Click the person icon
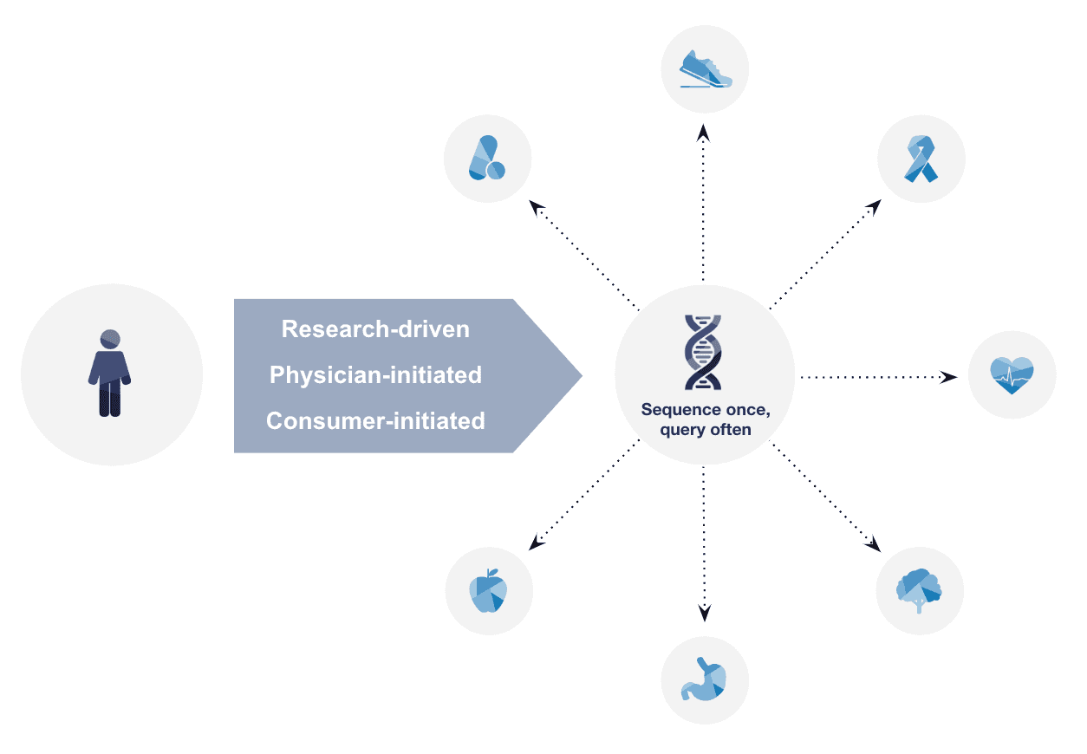coord(109,374)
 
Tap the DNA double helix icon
coord(703,352)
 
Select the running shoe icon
coord(706,69)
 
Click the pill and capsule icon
coord(486,159)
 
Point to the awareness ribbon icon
coord(921,159)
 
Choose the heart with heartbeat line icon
coord(1012,375)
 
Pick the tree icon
coord(920,590)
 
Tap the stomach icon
coord(705,679)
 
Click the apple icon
coord(489,591)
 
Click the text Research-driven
coord(376,329)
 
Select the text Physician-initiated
coord(376,375)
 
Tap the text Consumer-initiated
coord(376,421)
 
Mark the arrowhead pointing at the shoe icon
coord(704,131)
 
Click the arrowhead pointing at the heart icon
coord(950,377)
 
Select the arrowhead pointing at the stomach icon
coord(705,614)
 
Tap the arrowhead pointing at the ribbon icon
coord(875,206)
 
